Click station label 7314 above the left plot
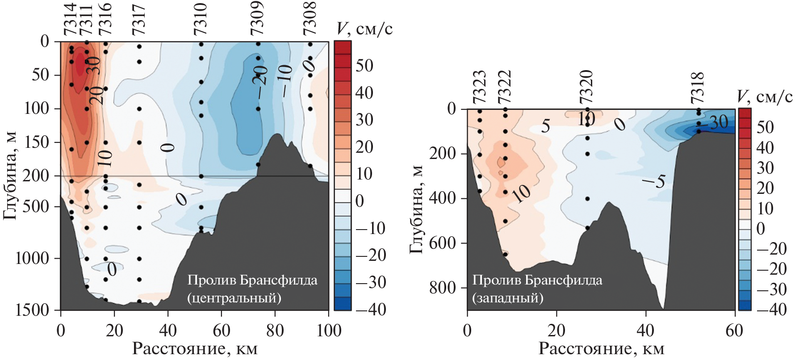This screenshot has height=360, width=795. coord(70,20)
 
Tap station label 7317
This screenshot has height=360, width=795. coord(139,20)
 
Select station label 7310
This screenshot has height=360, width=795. coord(201,20)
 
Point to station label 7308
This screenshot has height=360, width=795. coord(310,19)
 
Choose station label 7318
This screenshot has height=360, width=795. coord(697,88)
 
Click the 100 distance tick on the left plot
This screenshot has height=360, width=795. coord(329,331)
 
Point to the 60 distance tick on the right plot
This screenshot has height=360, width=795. coord(734,331)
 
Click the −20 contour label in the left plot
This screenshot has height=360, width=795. coord(260,81)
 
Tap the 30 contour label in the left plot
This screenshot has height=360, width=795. coord(93,65)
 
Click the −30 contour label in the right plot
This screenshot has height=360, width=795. coord(716,122)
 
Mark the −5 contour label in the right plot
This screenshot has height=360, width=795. coord(655,180)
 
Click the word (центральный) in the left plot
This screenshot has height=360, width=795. coord(234,298)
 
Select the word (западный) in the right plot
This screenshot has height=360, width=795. coord(508,298)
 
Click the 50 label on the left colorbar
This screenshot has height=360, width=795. coord(364,66)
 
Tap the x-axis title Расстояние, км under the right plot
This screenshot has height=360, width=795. coord(601,349)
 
